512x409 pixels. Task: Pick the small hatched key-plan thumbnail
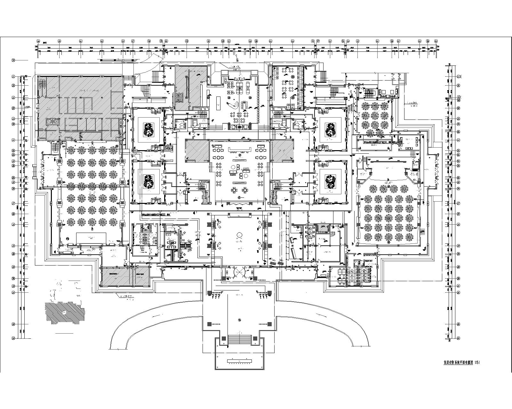coord(65,312)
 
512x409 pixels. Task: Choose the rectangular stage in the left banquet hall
coord(91,238)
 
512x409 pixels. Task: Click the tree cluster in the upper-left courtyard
coord(148,129)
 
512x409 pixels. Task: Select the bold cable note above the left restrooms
coord(159,215)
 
